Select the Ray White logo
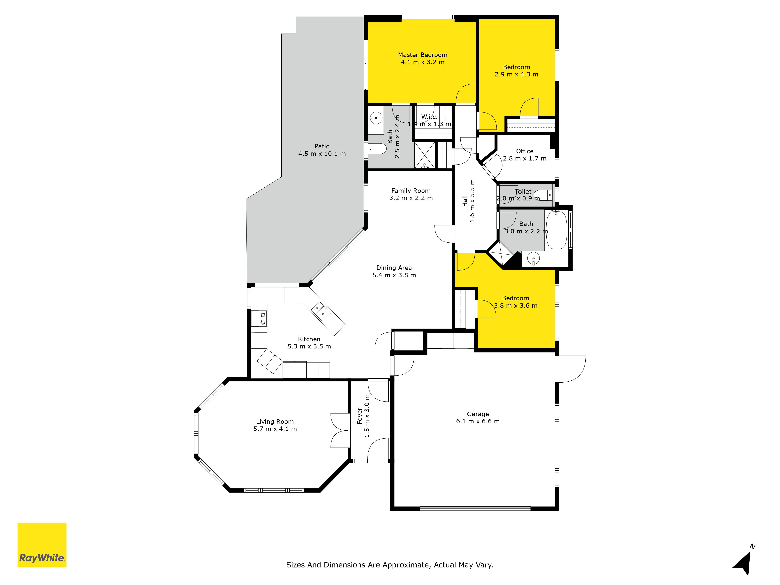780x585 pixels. click(x=42, y=545)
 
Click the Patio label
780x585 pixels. click(x=322, y=146)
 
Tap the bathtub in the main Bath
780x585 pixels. click(x=557, y=230)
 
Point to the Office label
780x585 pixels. click(x=525, y=151)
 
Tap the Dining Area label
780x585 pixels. click(x=394, y=268)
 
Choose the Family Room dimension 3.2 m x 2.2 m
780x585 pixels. click(x=411, y=198)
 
